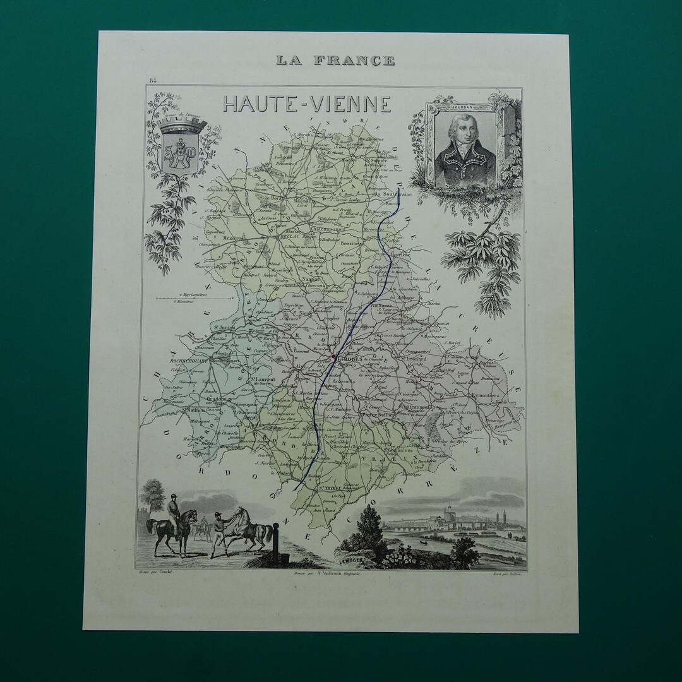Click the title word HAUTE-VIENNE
click(x=307, y=104)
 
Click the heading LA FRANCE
click(x=335, y=61)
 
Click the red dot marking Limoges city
click(x=333, y=356)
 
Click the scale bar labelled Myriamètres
click(x=184, y=296)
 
